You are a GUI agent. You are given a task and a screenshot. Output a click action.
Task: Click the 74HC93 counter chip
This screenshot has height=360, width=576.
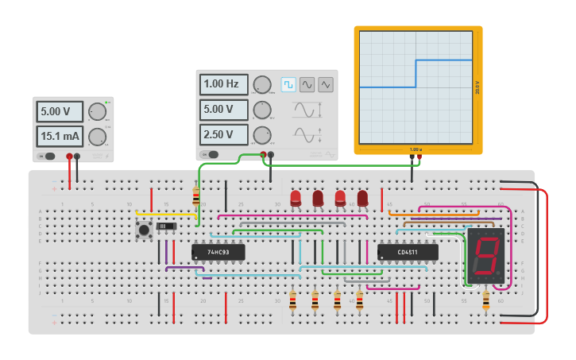218,253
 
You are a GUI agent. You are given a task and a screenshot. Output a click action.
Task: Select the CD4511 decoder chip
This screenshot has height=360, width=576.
408,253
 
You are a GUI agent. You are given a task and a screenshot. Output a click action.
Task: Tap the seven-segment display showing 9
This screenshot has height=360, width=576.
485,256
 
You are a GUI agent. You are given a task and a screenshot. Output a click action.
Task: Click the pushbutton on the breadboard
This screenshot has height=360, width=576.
144,230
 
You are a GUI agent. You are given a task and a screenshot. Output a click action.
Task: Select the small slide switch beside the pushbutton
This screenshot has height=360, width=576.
166,227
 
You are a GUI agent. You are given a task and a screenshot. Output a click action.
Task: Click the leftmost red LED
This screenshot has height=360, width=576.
296,198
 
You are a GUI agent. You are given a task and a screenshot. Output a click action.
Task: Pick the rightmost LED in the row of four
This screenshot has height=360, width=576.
362,198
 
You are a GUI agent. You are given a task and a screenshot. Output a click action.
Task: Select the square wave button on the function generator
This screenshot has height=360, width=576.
288,84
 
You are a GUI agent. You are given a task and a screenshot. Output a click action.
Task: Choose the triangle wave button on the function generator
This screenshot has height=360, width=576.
326,84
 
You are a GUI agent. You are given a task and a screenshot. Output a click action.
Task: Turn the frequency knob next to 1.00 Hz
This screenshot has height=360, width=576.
261,84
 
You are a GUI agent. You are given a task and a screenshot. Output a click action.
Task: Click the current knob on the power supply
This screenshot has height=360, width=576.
97,137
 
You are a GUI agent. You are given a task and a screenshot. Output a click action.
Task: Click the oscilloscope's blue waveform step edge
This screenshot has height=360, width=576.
416,73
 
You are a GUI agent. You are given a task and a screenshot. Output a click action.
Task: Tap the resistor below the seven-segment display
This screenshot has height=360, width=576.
486,300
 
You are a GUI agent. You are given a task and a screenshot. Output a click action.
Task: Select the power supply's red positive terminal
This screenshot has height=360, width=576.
70,157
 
